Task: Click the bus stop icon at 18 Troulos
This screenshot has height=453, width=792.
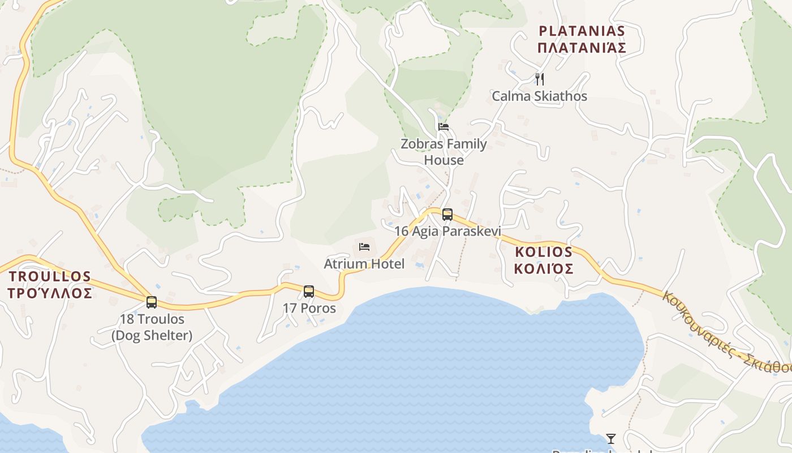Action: [x=151, y=302]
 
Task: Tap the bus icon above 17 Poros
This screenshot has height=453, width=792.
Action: [x=308, y=292]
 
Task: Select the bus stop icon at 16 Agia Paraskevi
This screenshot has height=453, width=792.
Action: [x=447, y=215]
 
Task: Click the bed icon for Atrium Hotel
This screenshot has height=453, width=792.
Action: [x=364, y=247]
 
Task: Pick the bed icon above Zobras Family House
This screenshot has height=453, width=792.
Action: [x=444, y=126]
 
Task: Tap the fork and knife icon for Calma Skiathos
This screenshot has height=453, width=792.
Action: [x=540, y=79]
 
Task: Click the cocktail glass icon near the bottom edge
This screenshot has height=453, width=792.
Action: [x=611, y=438]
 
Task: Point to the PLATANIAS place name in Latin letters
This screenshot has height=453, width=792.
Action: [x=582, y=31]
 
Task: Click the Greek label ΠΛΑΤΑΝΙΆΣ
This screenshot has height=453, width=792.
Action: [x=582, y=48]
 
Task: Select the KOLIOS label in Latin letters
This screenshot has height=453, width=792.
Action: [x=544, y=252]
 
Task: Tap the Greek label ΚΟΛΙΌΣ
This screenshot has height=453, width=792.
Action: [x=544, y=268]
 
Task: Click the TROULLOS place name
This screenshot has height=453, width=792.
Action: [x=50, y=276]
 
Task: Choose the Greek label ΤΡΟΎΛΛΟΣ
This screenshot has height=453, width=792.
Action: [x=50, y=293]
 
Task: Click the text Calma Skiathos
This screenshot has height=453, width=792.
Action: [x=539, y=96]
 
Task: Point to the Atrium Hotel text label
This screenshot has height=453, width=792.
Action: [x=364, y=264]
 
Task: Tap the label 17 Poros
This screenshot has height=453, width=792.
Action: [x=309, y=309]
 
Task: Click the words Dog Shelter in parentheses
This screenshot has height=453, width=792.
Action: [x=152, y=335]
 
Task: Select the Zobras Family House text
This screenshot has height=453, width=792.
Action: [x=444, y=152]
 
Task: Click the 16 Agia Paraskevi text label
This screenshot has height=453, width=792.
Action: [x=447, y=231]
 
